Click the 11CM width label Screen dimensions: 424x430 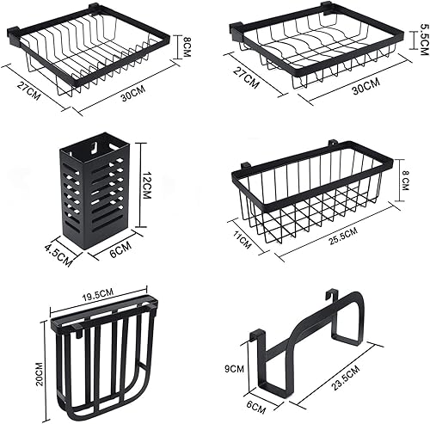coord(243,240)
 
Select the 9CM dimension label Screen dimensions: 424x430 coord(233,368)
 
